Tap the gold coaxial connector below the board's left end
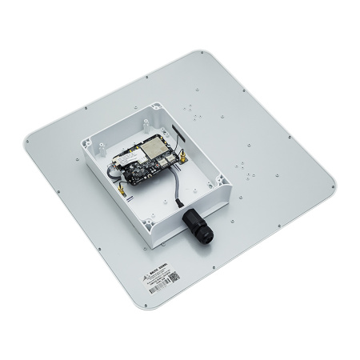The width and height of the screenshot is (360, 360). [115, 191]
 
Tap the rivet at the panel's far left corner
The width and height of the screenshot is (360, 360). [28, 142]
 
